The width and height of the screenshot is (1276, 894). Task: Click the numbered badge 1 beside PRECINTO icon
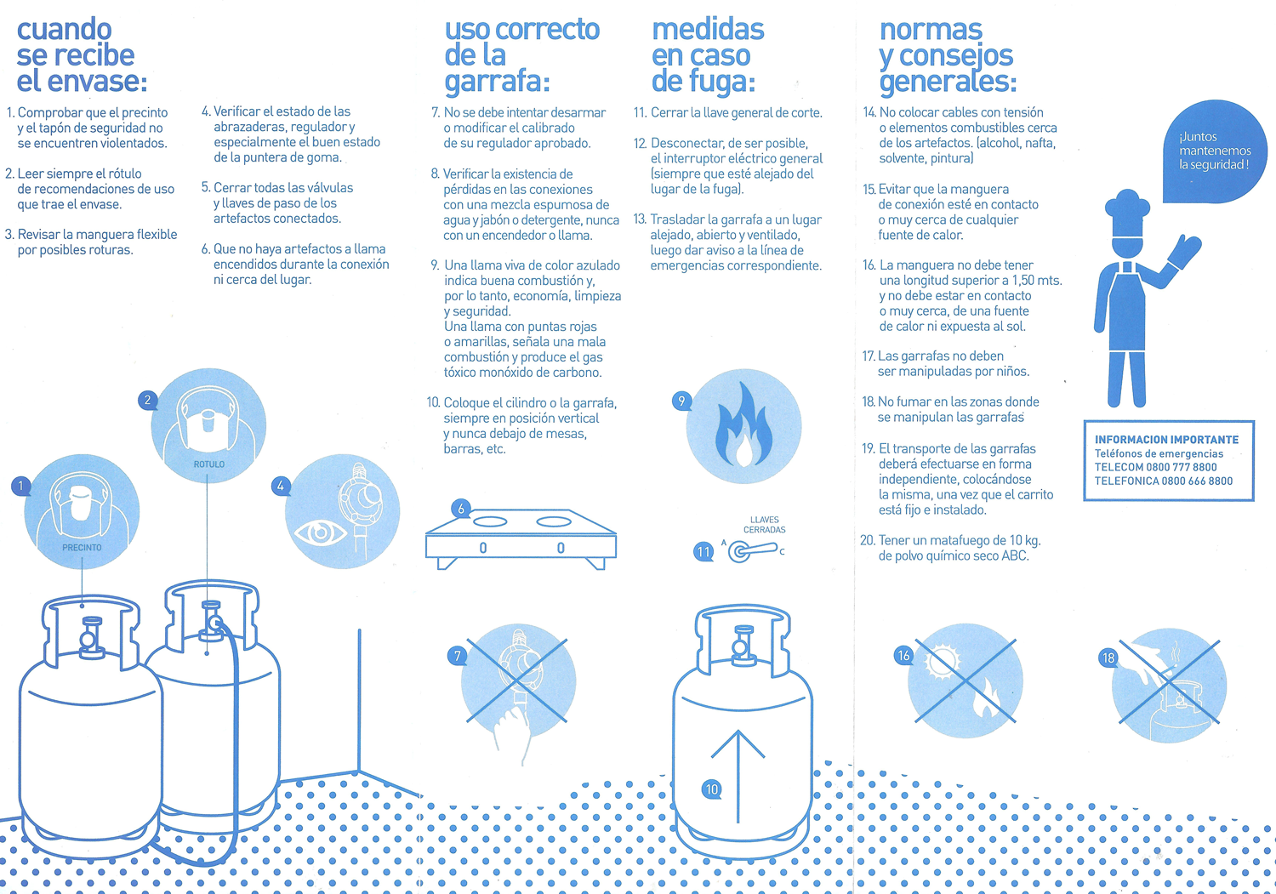(21, 486)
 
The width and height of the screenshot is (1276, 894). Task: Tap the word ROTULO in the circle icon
(209, 464)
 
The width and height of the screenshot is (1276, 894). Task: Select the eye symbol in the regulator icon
(320, 533)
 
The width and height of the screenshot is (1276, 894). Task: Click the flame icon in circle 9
(743, 424)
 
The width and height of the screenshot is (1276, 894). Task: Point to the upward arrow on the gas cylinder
(738, 776)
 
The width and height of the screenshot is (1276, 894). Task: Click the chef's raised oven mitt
(1184, 251)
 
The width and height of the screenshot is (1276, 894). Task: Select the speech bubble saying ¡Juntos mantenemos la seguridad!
(1215, 151)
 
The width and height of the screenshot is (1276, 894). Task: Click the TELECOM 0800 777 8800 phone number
(1155, 467)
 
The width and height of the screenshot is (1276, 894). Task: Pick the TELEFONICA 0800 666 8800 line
(1163, 481)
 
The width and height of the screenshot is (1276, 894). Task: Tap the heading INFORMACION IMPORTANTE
(1166, 440)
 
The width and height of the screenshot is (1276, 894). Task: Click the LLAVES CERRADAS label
(765, 525)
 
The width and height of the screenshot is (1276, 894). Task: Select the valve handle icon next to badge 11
(752, 551)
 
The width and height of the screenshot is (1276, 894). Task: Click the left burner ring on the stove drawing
(490, 521)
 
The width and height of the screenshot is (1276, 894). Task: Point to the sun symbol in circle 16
(943, 662)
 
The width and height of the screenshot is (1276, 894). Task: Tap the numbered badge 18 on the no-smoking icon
(1108, 658)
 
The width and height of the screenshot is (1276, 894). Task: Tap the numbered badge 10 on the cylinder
(711, 789)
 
